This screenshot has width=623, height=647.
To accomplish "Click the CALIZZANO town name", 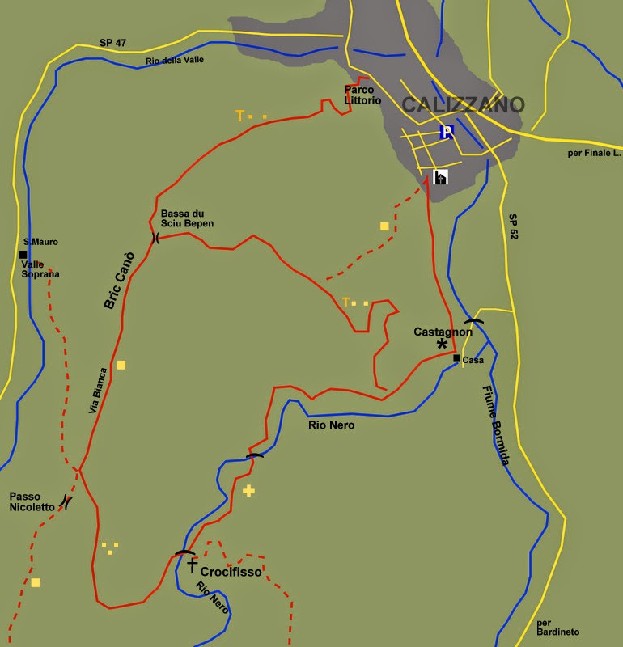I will coord(464,105).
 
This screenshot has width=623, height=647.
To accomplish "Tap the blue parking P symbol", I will coord(446,132).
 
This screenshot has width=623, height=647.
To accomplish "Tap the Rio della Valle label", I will coord(176,61).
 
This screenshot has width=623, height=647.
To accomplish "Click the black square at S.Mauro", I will coord(23,254).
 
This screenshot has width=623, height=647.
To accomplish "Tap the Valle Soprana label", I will coord(40,269).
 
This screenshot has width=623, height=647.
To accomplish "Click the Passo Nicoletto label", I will coord(32,501).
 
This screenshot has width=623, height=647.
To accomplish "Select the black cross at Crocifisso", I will coord(192,565).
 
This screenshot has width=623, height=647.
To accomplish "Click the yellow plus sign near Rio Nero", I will coord(248,490).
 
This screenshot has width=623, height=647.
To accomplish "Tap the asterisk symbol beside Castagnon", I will coord(442,345).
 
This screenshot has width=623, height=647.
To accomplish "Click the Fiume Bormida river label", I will coord(494,425).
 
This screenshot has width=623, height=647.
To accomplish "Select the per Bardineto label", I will coord(558,628).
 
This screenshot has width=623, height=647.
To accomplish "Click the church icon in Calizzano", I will coord(441,177).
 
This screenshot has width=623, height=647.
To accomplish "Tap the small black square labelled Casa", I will coord(456,357).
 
